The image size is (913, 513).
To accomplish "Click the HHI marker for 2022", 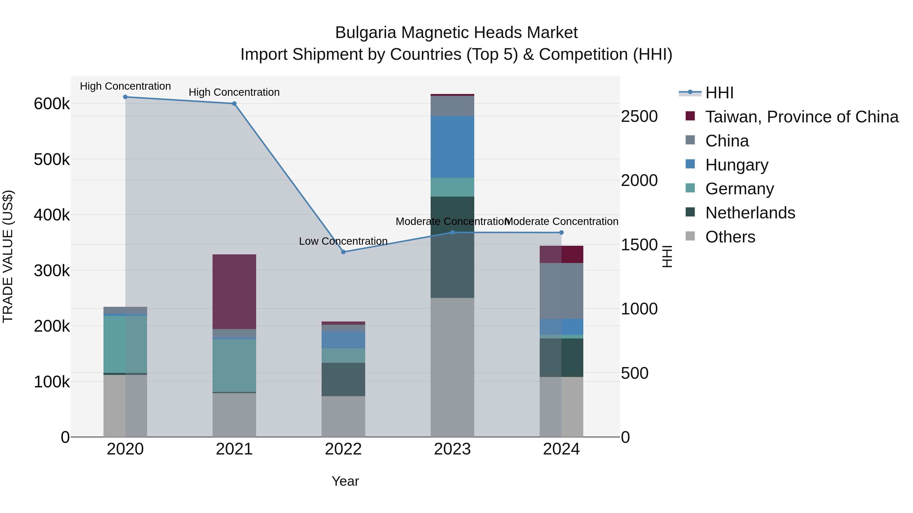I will [343, 252].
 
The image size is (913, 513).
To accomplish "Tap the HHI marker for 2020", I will [125, 97].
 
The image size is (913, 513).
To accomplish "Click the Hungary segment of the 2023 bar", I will [452, 147].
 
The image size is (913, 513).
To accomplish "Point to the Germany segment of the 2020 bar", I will [125, 344].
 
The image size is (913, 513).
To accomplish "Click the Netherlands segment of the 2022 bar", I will [343, 379].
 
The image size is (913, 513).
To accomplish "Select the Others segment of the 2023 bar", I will [452, 367].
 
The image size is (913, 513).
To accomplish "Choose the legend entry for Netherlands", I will [750, 213].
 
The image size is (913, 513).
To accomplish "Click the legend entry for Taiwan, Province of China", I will [802, 117].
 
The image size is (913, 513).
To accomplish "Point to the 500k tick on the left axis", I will [52, 159].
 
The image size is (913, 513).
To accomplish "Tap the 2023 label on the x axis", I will [452, 449].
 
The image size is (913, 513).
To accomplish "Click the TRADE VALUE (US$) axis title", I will [8, 256].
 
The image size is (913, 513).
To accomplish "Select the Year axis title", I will [345, 481].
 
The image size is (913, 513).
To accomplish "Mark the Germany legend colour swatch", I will [690, 188].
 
